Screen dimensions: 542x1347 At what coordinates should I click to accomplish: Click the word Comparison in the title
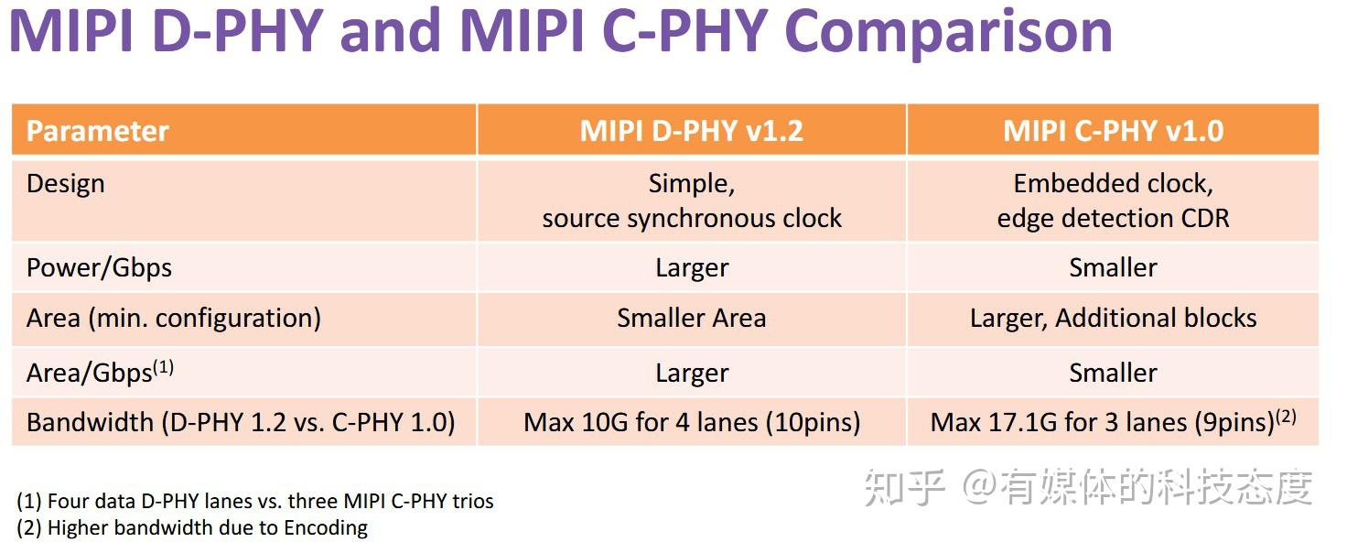coord(949,31)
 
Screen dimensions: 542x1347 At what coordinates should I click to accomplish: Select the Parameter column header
coord(97,131)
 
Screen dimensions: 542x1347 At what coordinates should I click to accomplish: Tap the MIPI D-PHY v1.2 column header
coord(691,131)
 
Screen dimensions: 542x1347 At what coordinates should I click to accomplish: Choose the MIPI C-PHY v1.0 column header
coord(1113,131)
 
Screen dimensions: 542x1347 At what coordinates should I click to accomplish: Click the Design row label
coord(66,184)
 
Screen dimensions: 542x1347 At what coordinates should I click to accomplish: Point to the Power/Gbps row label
coord(99,267)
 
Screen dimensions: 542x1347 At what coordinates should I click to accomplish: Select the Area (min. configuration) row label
coord(174,318)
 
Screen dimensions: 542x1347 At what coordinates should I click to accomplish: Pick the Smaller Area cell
coord(691,318)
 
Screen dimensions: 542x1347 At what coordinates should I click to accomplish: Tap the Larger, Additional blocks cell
coord(1113,318)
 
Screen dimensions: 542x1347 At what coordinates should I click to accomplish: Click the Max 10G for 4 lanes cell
coord(691,422)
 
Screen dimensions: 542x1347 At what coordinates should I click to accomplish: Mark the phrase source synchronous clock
coord(691,219)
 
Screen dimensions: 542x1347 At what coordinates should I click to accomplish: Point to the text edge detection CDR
coord(1113,219)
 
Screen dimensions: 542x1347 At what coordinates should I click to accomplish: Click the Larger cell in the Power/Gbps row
coord(691,267)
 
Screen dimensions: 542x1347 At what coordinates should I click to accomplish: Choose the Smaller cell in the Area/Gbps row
coord(1113,373)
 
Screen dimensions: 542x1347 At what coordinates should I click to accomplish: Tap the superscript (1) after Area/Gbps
coord(163,367)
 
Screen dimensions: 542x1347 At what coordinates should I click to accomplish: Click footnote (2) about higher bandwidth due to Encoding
coord(192,527)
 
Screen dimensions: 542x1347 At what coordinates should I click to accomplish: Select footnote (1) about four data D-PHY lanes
coord(255,501)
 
